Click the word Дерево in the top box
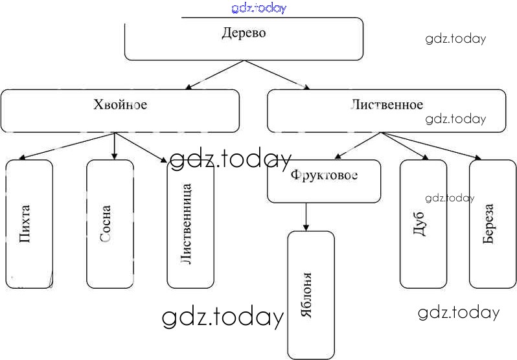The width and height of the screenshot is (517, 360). (244, 32)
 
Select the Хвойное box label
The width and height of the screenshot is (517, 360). (121, 104)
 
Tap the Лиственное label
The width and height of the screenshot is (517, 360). (387, 104)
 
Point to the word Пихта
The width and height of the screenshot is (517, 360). (26, 224)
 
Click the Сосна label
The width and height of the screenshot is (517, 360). (106, 224)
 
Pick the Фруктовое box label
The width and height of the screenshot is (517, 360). (324, 175)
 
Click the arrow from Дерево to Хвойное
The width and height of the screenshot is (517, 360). (214, 74)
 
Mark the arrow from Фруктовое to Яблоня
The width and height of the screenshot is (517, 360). (306, 217)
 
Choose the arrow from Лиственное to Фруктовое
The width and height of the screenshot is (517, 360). (358, 146)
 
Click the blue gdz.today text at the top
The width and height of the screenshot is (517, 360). (258, 8)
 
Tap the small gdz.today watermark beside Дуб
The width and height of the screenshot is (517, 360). (450, 198)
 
